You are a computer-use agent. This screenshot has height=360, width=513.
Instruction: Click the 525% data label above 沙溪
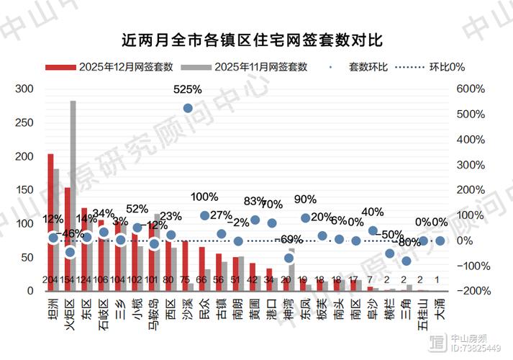(188, 90)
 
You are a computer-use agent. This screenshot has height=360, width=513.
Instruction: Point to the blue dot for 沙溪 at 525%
(188, 108)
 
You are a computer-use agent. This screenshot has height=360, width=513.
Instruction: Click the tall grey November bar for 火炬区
(73, 194)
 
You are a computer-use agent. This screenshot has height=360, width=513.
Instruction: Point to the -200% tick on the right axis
(469, 291)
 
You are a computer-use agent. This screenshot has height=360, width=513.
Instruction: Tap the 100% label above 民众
(204, 197)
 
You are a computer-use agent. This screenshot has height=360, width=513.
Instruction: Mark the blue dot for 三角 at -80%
(407, 261)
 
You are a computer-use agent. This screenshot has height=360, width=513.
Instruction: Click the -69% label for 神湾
(289, 239)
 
